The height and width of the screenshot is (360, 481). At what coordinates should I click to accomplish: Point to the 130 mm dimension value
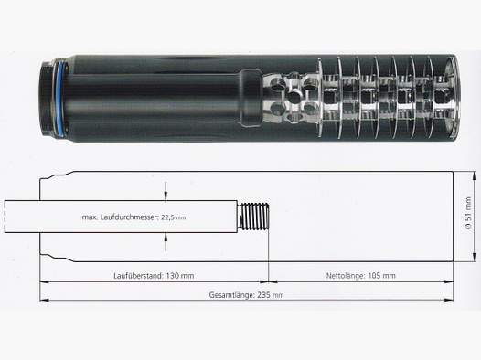179,274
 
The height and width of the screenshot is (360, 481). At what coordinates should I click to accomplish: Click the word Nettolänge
347,274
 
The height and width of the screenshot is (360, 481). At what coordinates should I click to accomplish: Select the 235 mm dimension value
269,295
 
